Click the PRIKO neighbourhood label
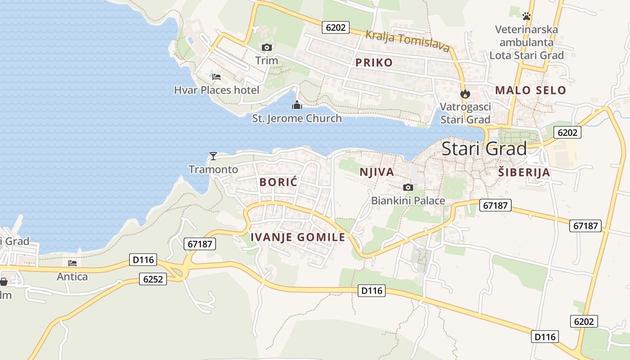coord(374,63)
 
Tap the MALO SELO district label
coord(531,90)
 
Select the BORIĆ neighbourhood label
coord(279,182)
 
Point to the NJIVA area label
coord(377,172)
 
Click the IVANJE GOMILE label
coord(297,237)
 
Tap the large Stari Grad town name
coord(484,148)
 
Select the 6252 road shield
coord(153,279)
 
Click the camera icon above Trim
coord(266,47)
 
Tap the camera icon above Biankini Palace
coord(408,187)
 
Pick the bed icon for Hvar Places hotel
coord(216,77)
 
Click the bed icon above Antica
coord(72,263)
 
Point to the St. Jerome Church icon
coord(297,105)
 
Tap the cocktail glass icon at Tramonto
coord(213,156)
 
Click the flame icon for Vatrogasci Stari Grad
coord(465,94)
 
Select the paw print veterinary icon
coord(526,16)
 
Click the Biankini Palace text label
coord(408,201)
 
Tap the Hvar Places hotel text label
coord(216,90)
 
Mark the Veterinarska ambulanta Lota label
coord(526,42)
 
